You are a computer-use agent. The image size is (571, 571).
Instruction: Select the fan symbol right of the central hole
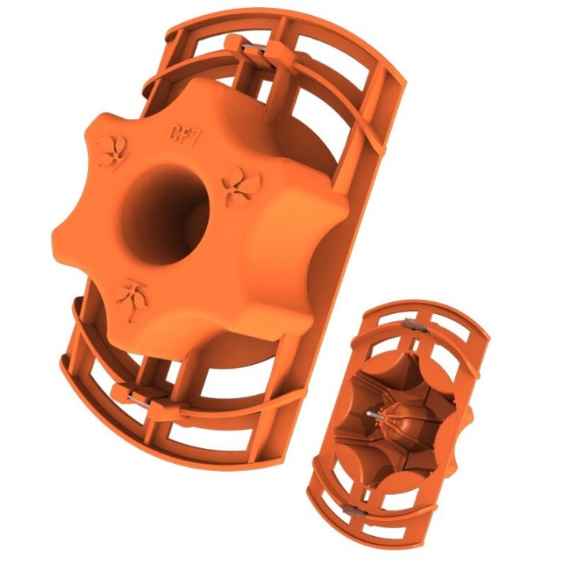click(x=236, y=187)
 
